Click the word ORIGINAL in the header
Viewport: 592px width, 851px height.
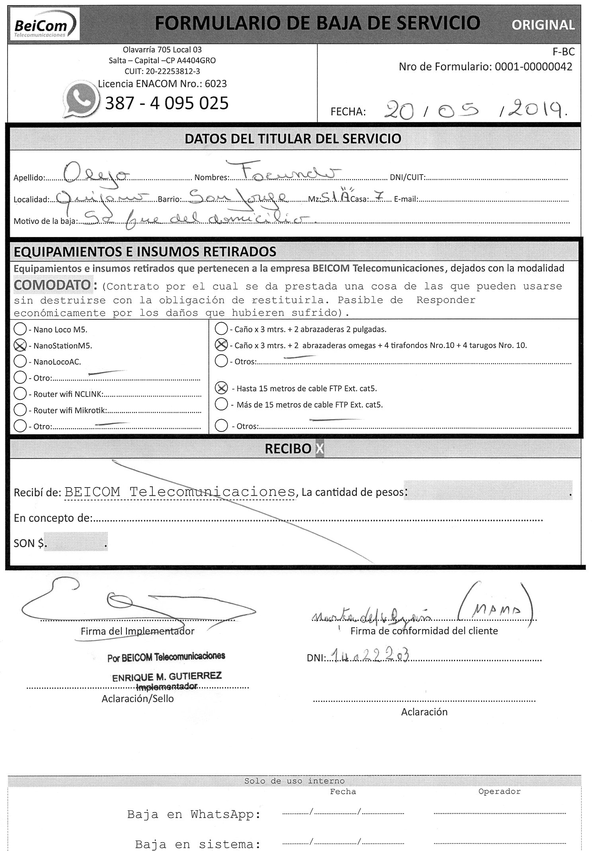pyautogui.click(x=543, y=25)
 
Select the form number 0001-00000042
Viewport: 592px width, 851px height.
pyautogui.click(x=533, y=67)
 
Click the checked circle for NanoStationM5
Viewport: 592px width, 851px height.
pyautogui.click(x=20, y=346)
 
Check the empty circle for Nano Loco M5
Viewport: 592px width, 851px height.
pyautogui.click(x=20, y=329)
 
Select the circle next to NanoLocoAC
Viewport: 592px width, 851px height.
pyautogui.click(x=20, y=361)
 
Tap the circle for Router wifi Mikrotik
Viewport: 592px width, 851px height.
pyautogui.click(x=20, y=410)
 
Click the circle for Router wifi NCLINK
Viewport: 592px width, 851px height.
pyautogui.click(x=20, y=394)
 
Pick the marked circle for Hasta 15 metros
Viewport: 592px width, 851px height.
pyautogui.click(x=221, y=388)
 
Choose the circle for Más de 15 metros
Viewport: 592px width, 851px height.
pyautogui.click(x=221, y=404)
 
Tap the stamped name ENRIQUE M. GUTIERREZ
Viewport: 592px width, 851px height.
pyautogui.click(x=167, y=676)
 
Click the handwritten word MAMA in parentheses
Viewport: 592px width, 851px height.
pyautogui.click(x=494, y=609)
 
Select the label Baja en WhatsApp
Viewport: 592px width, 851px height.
pyautogui.click(x=194, y=814)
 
